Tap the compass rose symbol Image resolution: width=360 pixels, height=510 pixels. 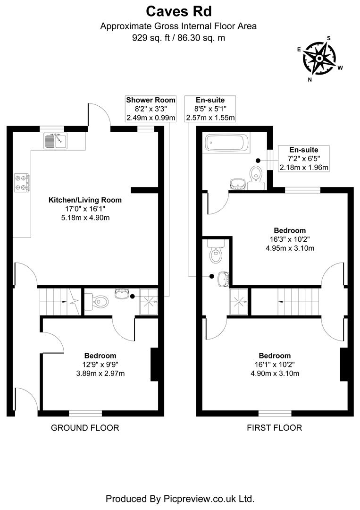319,58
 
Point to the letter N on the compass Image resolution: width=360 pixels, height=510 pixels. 310,79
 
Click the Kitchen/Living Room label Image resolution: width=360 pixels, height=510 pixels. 85,200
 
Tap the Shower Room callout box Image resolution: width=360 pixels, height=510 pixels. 151,109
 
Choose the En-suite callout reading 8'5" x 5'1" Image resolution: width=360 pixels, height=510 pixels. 210,109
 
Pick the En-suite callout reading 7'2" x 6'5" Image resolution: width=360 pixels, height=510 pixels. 304,158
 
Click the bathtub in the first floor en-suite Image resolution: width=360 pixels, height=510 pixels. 228,142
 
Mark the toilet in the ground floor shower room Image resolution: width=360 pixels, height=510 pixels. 100,299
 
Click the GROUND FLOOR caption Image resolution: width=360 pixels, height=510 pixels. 84,428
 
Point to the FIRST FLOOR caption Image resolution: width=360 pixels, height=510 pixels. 274,428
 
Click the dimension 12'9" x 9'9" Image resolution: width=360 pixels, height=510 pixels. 100,364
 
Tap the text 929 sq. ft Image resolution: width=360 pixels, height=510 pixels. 152,38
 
